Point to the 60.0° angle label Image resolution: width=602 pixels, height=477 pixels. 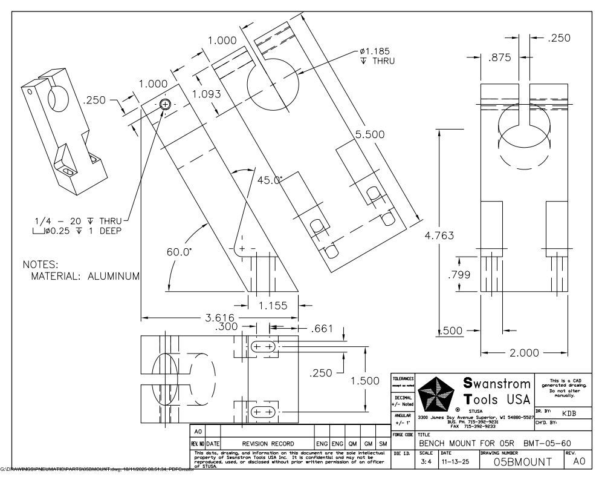pyautogui.click(x=180, y=251)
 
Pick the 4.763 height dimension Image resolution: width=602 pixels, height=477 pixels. pyautogui.click(x=439, y=235)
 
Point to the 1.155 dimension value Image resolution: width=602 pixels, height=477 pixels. pyautogui.click(x=273, y=306)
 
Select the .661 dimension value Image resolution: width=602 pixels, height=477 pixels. pyautogui.click(x=322, y=329)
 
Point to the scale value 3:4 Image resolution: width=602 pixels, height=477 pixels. pyautogui.click(x=426, y=461)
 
